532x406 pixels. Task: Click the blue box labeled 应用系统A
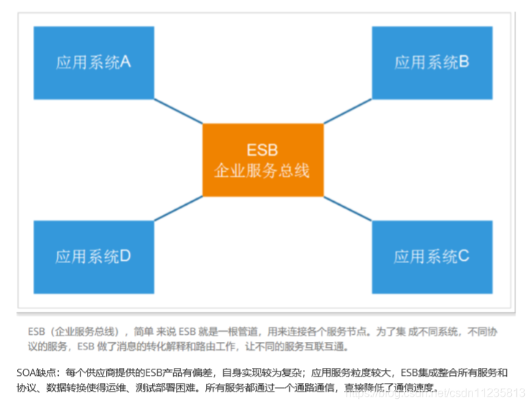pyautogui.click(x=93, y=63)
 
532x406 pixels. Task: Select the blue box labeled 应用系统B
pyautogui.click(x=431, y=63)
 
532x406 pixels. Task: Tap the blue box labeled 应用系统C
pyautogui.click(x=431, y=257)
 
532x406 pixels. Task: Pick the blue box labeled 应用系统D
pyautogui.click(x=93, y=257)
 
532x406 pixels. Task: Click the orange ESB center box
pyautogui.click(x=263, y=160)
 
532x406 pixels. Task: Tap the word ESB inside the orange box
pyautogui.click(x=263, y=150)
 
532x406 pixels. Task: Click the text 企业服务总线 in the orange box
pyautogui.click(x=263, y=170)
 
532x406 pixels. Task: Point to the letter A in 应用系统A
pyautogui.click(x=125, y=63)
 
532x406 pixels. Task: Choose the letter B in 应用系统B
pyautogui.click(x=463, y=63)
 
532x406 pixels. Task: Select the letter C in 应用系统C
pyautogui.click(x=463, y=257)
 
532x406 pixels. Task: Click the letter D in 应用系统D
pyautogui.click(x=125, y=257)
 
